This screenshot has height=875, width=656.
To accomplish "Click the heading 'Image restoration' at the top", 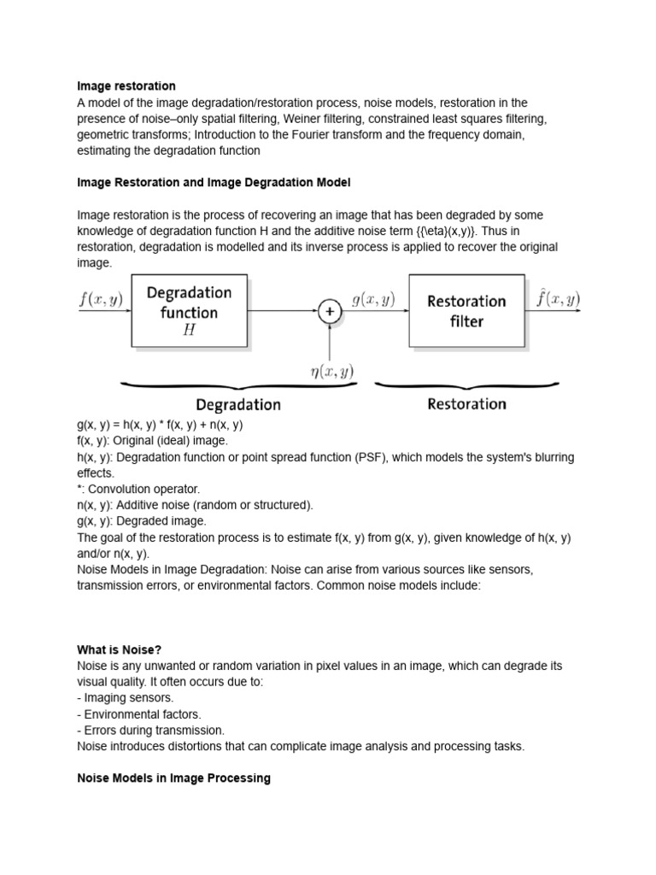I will pos(126,86).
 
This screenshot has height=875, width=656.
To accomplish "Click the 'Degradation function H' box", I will pos(189,311).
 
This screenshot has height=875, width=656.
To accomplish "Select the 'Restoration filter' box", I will pos(466,311).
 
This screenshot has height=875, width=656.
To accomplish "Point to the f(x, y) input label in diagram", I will pos(101,300).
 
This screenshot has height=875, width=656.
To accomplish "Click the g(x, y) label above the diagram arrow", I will pos(373,300).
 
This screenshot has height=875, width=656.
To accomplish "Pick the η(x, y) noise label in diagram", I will pos(331,371).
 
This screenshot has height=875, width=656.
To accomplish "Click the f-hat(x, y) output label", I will pos(558,299).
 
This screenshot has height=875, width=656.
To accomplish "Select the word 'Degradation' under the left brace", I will pos(238,404).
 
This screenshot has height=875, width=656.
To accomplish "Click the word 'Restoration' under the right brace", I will pos(466,403).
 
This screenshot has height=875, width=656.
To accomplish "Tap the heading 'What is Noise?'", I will pos(120,649).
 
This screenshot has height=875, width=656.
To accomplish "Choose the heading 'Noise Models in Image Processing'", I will pos(173,778).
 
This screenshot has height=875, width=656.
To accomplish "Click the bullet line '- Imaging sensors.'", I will pos(126,698).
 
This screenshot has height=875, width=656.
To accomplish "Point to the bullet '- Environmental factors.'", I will pos(139,714).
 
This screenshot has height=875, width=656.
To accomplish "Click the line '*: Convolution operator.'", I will pos(138,489).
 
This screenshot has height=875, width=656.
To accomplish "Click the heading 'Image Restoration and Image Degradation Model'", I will pos(214,183).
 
